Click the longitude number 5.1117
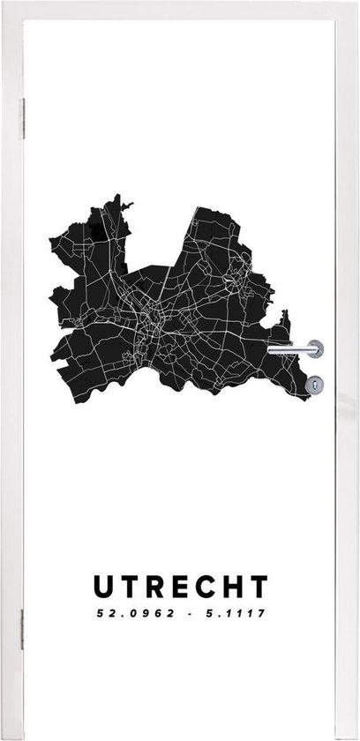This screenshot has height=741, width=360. [x=234, y=610]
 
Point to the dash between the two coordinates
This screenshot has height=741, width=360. [x=186, y=610]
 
